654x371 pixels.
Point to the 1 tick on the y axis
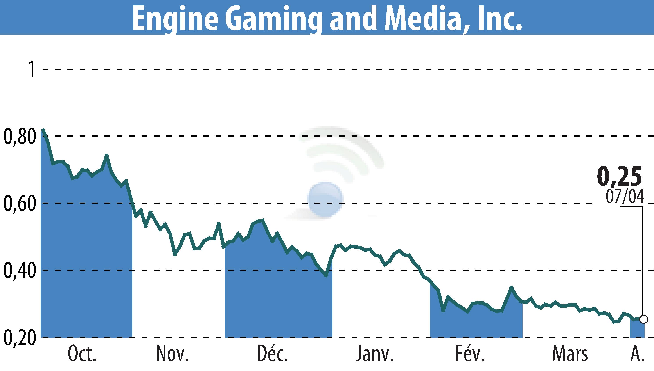pos(32,69)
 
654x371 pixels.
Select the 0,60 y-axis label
pos(19,204)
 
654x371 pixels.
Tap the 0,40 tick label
pos(19,271)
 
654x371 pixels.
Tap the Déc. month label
pos(272,354)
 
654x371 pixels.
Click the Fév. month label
pos(470,354)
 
